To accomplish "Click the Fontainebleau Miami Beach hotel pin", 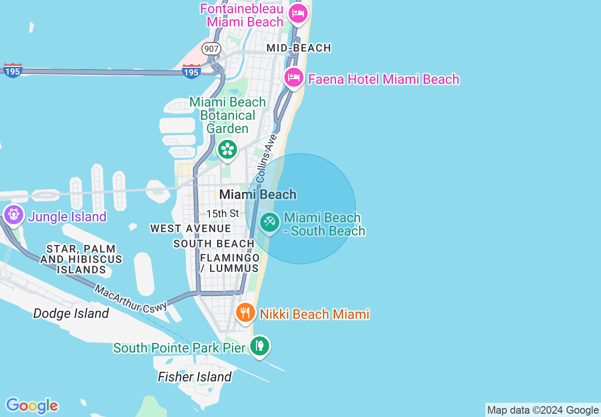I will click(x=298, y=13).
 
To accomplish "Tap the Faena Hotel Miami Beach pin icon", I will click(x=293, y=77).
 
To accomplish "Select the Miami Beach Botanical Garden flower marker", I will click(x=228, y=149).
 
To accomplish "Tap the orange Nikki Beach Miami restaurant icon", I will click(x=246, y=312).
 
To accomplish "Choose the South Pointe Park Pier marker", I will click(x=259, y=345).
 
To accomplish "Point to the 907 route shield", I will click(x=211, y=48).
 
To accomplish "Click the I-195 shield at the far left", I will click(x=13, y=71).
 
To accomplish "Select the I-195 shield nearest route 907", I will click(x=191, y=72).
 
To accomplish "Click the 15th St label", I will click(x=222, y=214).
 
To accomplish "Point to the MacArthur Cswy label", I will click(x=130, y=298).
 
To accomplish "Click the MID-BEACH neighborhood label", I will click(x=299, y=48).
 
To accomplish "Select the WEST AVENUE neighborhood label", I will click(x=191, y=228).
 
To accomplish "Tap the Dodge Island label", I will click(x=71, y=313).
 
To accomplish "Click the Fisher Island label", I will click(x=195, y=377).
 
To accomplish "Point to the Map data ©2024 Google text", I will click(x=543, y=410).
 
